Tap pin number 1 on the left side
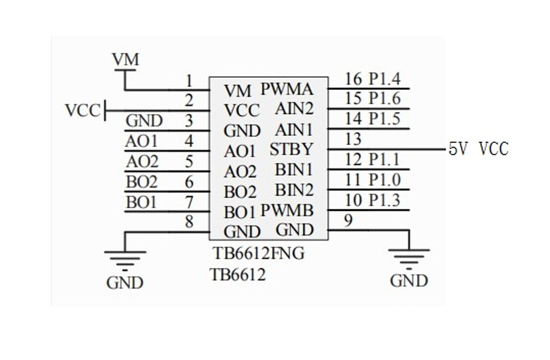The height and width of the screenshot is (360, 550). [188, 81]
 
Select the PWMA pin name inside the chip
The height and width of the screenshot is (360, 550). [287, 89]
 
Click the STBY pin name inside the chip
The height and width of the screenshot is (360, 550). [291, 148]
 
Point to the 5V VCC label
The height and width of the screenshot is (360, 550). [478, 148]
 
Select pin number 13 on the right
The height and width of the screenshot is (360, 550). [353, 139]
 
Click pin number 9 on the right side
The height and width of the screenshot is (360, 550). [349, 221]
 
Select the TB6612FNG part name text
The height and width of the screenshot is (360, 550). [258, 254]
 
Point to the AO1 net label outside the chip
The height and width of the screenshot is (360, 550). [142, 142]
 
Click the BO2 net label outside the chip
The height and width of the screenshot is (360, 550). [142, 182]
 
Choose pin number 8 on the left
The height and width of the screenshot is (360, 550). [188, 221]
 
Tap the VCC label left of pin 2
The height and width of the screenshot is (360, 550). [82, 111]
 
